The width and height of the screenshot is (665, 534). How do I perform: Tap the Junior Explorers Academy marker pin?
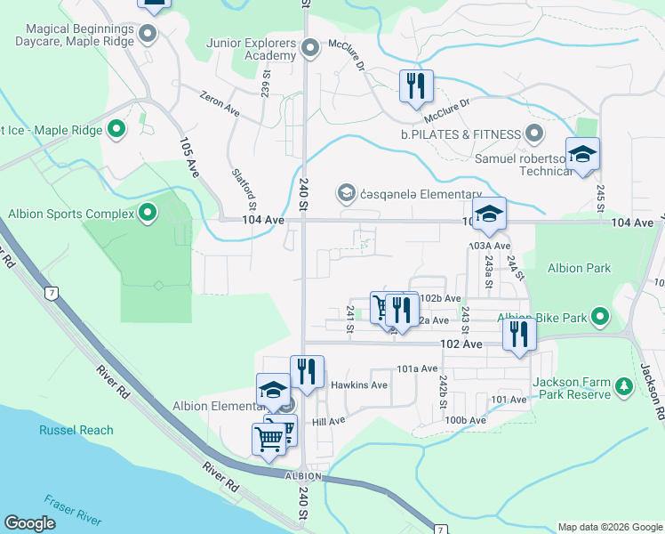pos(310,47)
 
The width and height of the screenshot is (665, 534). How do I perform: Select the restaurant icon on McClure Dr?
pos(416,87)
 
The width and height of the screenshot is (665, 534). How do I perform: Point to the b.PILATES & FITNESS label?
pos(460,134)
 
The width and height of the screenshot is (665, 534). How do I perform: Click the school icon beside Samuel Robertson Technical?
pos(582,155)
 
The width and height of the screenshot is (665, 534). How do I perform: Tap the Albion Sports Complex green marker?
pos(148,213)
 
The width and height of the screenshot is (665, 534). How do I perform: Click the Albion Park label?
pos(579,268)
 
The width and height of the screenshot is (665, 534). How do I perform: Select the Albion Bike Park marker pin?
pos(600,317)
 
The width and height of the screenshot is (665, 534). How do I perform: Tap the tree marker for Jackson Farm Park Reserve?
pos(623,385)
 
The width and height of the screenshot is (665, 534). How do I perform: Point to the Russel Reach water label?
pos(76,430)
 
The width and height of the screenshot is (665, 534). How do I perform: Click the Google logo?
pos(30,523)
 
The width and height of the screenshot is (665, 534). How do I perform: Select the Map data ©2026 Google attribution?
pos(609,527)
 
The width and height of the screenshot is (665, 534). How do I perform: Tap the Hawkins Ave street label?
pos(359,385)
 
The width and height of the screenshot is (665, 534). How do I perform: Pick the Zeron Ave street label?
pos(220,103)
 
